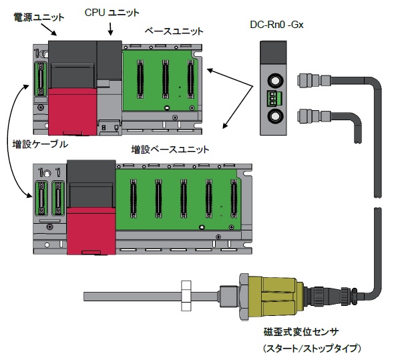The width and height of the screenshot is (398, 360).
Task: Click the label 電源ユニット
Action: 39,17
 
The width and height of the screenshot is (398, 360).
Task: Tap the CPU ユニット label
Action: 112,13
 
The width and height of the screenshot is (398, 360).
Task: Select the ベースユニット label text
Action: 174,31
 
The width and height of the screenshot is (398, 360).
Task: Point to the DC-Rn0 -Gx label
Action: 276,25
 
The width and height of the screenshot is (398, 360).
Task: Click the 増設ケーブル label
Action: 40,144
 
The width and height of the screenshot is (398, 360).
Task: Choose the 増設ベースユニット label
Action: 170,150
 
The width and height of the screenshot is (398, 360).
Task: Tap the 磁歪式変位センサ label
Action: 301,332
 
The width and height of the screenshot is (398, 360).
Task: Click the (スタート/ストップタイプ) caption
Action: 312,348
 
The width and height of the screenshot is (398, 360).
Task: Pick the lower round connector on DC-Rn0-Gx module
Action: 274,116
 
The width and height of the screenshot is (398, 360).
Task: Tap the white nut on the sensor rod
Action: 186,296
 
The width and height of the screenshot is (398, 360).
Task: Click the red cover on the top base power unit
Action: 73,112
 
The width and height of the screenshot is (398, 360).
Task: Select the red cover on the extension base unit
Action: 91,231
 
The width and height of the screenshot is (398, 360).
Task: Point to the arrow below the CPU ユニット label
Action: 110,29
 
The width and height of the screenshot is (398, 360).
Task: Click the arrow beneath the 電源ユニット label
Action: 49,29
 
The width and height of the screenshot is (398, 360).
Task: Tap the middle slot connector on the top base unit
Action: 165,79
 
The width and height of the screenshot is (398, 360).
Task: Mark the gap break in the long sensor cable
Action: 378,202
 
